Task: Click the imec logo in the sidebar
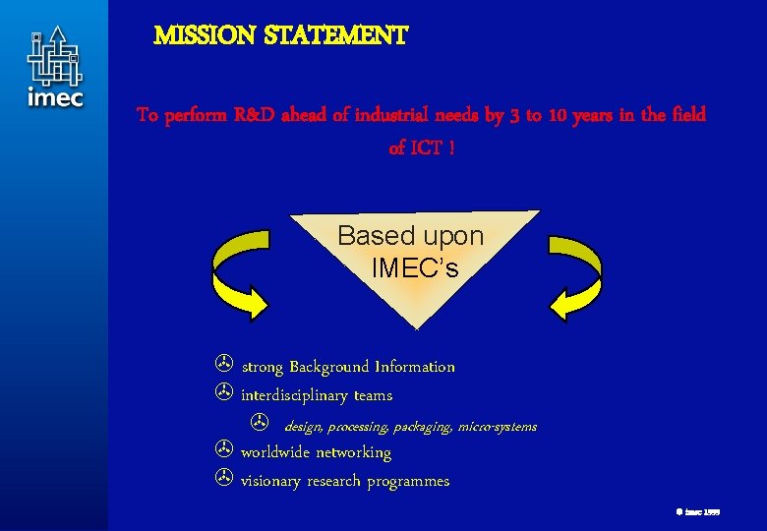55,67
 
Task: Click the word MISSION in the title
201,36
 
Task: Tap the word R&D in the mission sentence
256,115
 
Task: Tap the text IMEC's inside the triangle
414,267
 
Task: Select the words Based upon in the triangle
410,236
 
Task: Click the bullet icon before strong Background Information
223,366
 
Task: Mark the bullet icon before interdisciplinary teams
223,394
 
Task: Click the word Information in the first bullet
414,367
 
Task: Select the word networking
353,452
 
